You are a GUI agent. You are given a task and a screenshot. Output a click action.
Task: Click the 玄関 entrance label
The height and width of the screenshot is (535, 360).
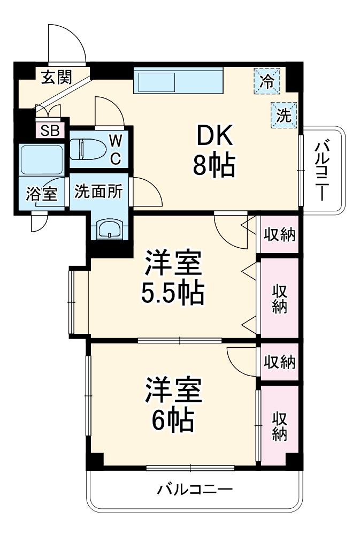[57, 78]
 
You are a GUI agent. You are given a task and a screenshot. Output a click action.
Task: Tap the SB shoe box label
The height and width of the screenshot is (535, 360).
[51, 130]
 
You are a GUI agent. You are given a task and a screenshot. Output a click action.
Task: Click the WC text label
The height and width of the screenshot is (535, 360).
[116, 149]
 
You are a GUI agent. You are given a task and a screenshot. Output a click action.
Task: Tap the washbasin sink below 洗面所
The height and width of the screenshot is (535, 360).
[110, 230]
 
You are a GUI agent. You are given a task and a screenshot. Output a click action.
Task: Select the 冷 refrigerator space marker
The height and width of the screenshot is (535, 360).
[266, 81]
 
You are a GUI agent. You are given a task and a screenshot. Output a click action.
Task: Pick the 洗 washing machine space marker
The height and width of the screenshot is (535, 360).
[284, 114]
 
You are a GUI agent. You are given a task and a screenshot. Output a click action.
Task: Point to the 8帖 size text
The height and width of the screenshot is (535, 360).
[214, 167]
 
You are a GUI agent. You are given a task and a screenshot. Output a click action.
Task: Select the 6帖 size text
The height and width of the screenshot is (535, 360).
[172, 421]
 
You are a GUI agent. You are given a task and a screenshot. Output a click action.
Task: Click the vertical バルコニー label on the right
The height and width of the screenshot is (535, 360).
[321, 170]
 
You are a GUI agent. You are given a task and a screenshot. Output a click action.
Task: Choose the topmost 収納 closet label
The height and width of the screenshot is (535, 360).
[280, 234]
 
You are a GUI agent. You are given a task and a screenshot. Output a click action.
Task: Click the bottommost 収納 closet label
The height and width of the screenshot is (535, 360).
[279, 426]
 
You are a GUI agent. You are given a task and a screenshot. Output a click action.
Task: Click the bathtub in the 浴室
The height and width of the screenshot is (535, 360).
[41, 159]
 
